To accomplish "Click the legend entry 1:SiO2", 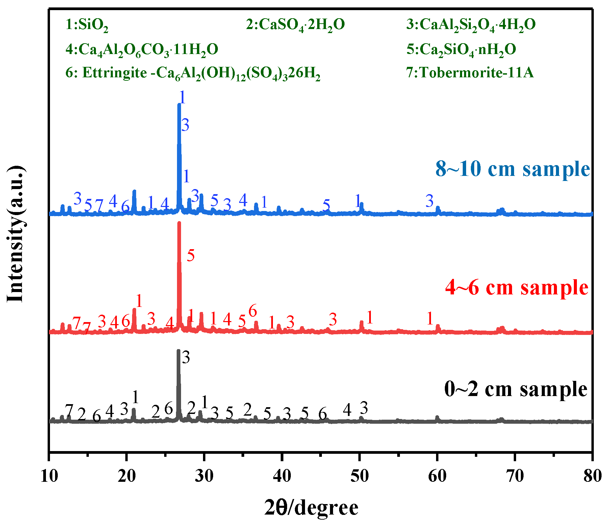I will point(87,25).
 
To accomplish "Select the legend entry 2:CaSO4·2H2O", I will point(295,25).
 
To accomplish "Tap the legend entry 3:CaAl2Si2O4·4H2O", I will point(471,25).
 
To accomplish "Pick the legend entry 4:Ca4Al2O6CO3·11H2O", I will point(142,50).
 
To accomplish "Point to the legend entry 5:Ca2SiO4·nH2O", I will point(461,50).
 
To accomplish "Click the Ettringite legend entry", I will point(193,73).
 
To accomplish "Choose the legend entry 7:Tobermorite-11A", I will point(470,73).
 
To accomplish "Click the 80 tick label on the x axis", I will point(592,476).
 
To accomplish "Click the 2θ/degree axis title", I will point(311,507).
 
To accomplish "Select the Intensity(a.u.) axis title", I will point(16,234).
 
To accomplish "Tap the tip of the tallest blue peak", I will point(179,105).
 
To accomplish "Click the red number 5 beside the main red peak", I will point(191,256).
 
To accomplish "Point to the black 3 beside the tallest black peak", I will point(186,357).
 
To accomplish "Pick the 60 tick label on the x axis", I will point(437,476).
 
